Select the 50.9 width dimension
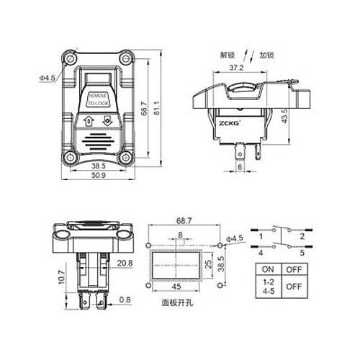point(99,175)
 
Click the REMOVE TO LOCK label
point(99,99)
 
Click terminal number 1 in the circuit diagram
point(261,235)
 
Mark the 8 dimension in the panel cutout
point(179,235)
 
